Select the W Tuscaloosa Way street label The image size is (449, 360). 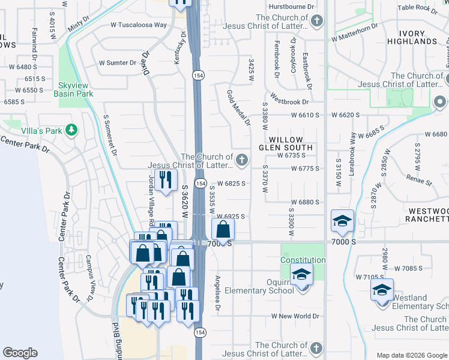(138, 25)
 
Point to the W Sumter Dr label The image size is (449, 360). (118, 62)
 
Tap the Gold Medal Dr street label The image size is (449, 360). (238, 108)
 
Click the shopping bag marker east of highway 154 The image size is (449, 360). (223, 229)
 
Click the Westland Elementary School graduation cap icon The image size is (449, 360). (382, 290)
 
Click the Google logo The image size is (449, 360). (20, 353)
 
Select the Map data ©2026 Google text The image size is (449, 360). (411, 355)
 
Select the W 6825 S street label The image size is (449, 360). (231, 183)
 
